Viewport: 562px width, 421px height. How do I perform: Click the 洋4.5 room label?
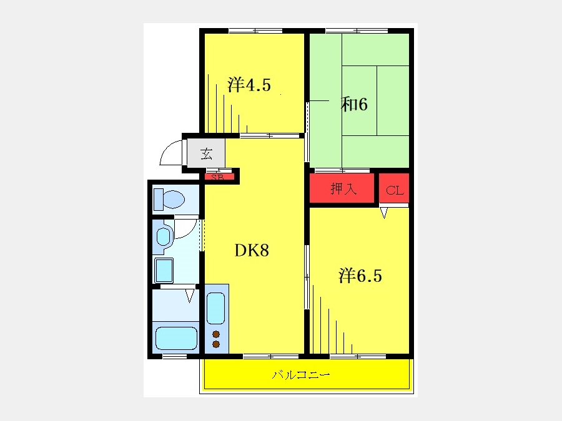click(249, 85)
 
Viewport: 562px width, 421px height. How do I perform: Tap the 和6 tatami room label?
click(354, 105)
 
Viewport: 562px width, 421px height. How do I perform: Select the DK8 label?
click(252, 251)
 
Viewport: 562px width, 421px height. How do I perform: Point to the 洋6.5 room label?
click(360, 276)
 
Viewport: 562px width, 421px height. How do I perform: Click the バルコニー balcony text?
click(301, 375)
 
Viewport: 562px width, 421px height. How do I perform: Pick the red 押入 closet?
click(342, 188)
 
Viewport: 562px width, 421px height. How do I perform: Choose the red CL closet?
click(394, 188)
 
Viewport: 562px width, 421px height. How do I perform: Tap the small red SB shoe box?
click(219, 177)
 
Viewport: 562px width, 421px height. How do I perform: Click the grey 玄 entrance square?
click(207, 153)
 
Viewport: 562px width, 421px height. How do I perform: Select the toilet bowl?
click(169, 199)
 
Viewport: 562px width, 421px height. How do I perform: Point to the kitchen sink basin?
click(216, 308)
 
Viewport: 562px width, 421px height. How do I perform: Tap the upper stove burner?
click(216, 334)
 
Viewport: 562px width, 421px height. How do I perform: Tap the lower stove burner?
click(216, 344)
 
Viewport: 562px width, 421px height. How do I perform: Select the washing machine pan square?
click(164, 270)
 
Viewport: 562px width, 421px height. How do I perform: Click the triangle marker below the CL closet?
click(384, 213)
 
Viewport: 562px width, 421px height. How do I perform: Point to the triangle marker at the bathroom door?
click(190, 296)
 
